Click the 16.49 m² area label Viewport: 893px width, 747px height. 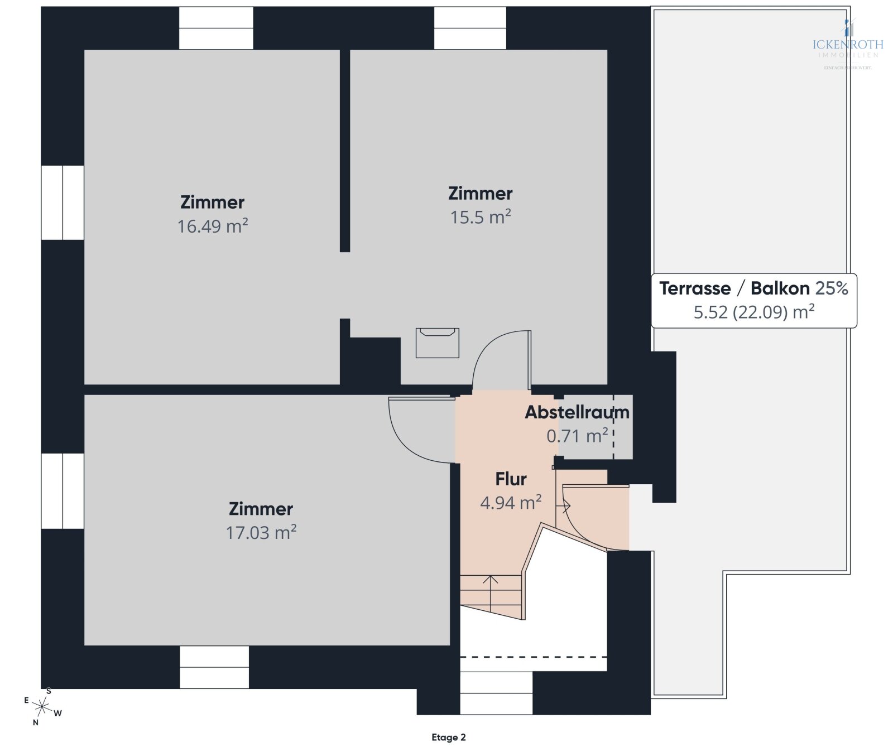click(213, 226)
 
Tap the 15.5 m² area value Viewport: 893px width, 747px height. click(481, 217)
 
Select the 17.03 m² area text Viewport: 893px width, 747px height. click(261, 532)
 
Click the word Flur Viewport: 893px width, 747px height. click(511, 479)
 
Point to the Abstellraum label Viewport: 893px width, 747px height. click(577, 412)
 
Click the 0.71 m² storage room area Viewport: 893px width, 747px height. click(577, 436)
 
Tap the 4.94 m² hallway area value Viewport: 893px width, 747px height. click(511, 503)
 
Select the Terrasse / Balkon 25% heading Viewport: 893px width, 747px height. click(753, 288)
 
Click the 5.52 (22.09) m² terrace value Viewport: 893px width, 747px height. click(753, 312)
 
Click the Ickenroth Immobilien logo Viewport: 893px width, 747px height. click(847, 45)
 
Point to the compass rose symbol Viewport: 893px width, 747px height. click(42, 707)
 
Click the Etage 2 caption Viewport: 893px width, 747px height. click(448, 737)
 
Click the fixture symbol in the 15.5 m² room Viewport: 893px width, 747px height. click(437, 343)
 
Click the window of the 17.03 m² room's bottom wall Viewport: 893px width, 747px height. click(214, 667)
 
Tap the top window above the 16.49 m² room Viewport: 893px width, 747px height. click(216, 28)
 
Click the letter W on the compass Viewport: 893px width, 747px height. click(58, 713)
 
